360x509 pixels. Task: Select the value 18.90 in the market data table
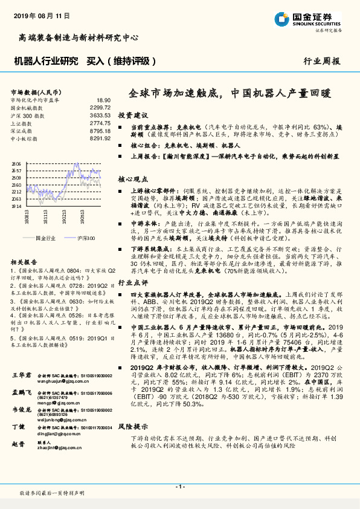(103, 100)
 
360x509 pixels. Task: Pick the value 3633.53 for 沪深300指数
(99, 114)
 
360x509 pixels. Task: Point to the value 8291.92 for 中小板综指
(99, 138)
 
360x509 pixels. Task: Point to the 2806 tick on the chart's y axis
(16, 164)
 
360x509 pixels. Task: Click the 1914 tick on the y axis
(16, 206)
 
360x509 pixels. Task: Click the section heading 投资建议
(132, 115)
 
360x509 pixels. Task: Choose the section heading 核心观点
(132, 180)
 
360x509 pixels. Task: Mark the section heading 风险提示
(132, 425)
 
